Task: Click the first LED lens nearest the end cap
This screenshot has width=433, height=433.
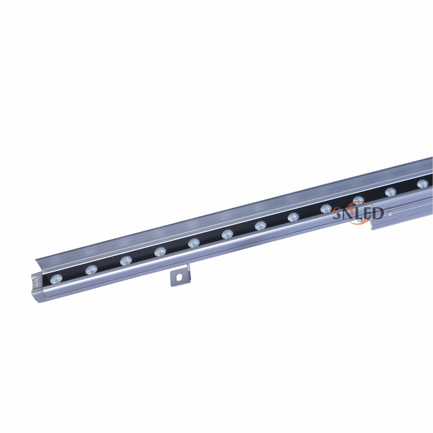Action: tap(56, 279)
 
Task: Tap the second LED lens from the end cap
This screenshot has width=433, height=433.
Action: tap(91, 270)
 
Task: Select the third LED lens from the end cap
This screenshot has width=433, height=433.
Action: tap(126, 260)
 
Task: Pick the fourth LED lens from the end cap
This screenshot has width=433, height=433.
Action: tap(160, 252)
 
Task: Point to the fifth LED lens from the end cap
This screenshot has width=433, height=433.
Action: tap(194, 242)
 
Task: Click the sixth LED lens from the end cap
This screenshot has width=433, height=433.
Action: tap(227, 234)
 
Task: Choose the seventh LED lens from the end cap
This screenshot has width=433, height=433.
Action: tap(260, 225)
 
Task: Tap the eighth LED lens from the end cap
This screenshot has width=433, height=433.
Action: tap(293, 217)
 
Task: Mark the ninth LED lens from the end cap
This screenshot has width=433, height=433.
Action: tap(326, 208)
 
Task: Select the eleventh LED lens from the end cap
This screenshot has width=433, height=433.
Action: tap(391, 192)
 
